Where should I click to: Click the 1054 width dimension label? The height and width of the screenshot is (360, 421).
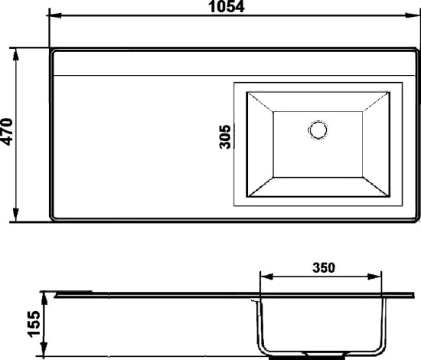click(x=227, y=6)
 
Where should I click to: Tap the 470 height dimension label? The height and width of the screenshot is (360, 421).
click(x=7, y=132)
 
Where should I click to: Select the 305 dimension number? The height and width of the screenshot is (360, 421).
click(x=225, y=136)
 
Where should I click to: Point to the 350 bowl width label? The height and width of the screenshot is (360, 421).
click(x=324, y=268)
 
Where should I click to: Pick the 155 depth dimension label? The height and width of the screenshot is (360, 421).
click(x=34, y=324)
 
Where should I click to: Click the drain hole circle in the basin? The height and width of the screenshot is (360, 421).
click(x=318, y=129)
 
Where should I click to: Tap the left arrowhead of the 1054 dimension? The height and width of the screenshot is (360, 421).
click(x=56, y=15)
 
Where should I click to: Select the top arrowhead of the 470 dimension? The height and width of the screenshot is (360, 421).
click(x=16, y=55)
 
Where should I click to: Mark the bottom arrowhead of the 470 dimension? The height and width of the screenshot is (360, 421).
click(x=16, y=215)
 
